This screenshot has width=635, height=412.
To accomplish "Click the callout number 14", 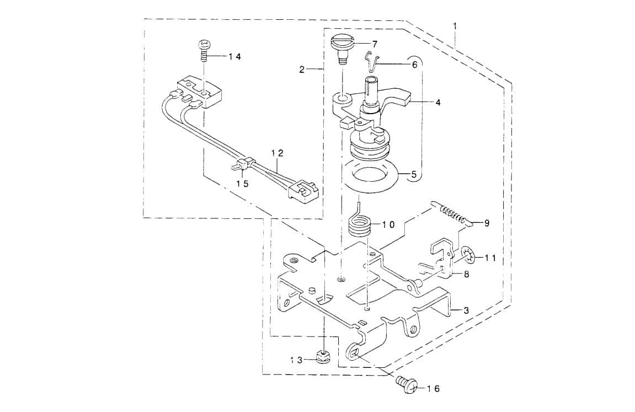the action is (235, 57).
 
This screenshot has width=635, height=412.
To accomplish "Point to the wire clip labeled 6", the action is (372, 60).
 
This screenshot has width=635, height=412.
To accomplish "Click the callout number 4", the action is (437, 103).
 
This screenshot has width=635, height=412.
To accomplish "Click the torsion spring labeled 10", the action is (359, 224).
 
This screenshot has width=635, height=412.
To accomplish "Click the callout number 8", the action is (466, 274).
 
